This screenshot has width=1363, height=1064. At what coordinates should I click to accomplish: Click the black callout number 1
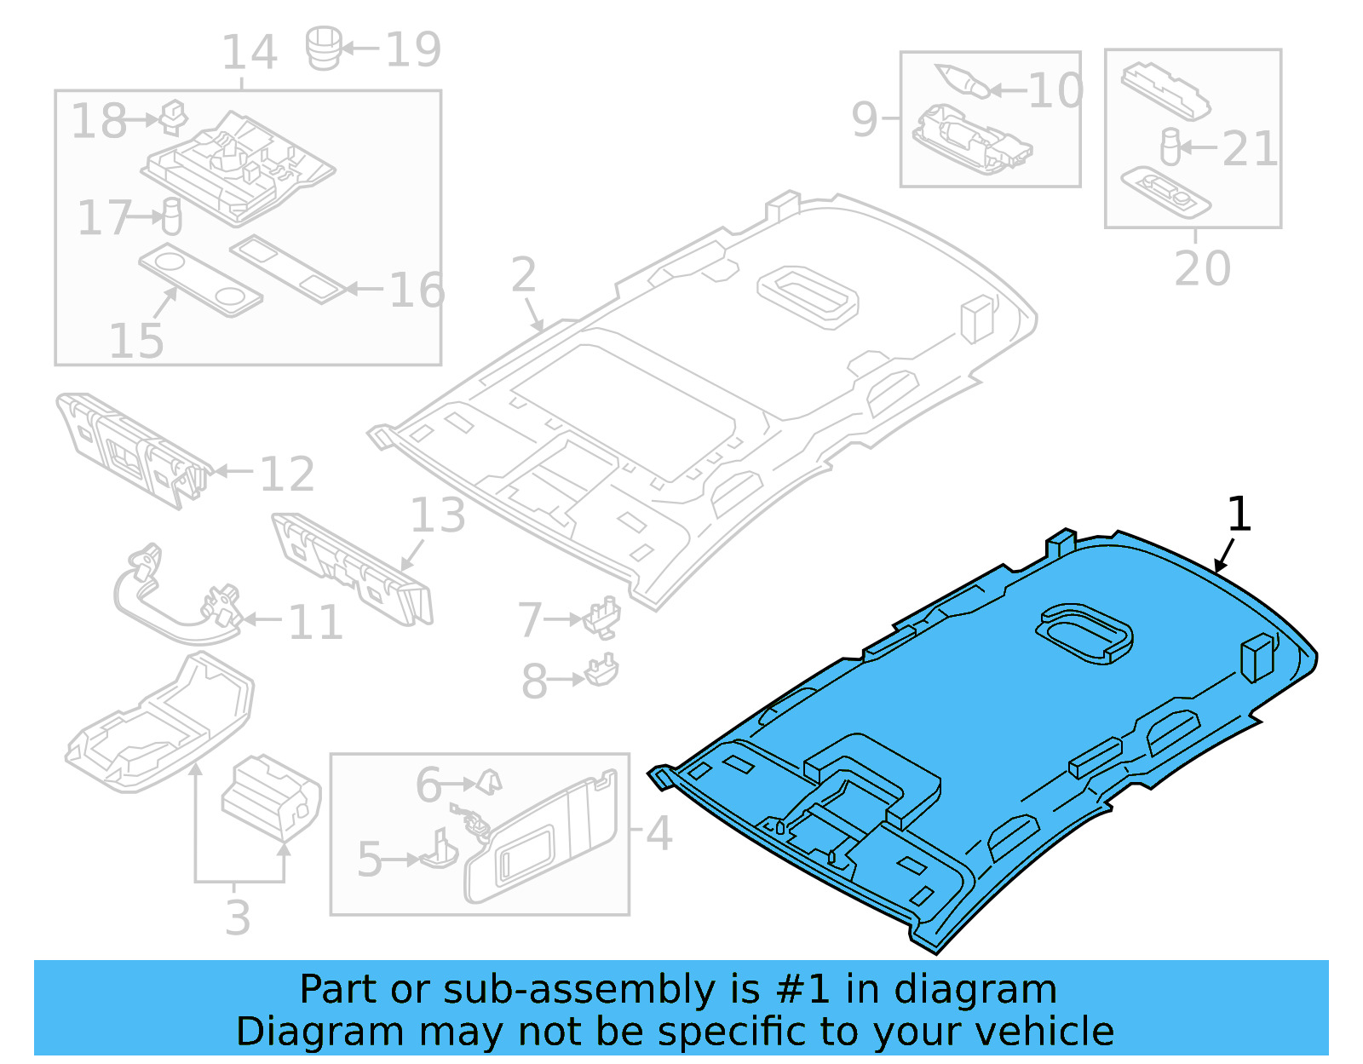[x=1239, y=515]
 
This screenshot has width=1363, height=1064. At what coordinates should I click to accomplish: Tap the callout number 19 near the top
[x=413, y=49]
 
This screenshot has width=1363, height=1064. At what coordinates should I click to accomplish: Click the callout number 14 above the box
[x=250, y=53]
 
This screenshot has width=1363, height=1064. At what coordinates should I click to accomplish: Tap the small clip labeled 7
[x=603, y=616]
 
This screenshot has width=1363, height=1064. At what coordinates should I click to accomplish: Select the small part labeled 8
[x=602, y=670]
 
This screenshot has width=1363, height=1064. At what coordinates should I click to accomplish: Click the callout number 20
[x=1202, y=268]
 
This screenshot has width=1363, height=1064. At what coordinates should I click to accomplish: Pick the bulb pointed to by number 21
[x=1170, y=147]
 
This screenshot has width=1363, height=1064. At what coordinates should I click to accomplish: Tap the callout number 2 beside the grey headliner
[x=524, y=275]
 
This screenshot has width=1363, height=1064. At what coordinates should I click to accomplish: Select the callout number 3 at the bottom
[x=239, y=917]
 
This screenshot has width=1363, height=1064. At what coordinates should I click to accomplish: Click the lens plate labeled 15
[x=201, y=281]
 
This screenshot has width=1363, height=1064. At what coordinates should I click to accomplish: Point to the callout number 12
[x=287, y=474]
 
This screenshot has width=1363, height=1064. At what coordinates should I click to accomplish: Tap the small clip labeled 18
[x=174, y=117]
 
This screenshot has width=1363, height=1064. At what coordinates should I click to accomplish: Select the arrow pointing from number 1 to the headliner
[x=1224, y=556]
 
